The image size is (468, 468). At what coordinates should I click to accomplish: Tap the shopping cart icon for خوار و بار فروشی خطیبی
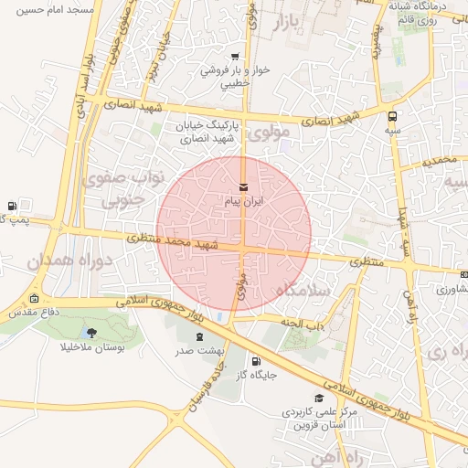pos(236,57)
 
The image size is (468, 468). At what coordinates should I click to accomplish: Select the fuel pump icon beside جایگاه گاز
pos(255,360)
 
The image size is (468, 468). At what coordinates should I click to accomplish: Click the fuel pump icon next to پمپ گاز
pos(12,206)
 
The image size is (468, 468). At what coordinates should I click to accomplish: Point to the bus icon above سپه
pos(392,116)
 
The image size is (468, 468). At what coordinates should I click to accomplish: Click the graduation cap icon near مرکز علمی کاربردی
pos(318,398)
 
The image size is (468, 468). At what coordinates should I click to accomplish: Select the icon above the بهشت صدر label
pos(200,336)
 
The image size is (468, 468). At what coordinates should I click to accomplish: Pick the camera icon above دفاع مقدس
pos(34,299)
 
